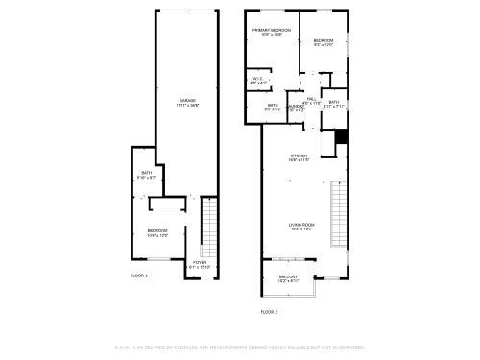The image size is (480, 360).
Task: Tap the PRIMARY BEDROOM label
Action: coord(272,31)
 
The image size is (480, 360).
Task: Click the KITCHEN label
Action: coord(299,156)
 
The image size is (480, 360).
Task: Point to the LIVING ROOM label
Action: coord(302,226)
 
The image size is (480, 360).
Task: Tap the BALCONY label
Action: coord(288,277)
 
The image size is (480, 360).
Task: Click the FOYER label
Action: coord(200,262)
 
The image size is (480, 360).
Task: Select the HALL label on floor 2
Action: coord(312,99)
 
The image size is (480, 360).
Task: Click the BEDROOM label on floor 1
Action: coord(157,231)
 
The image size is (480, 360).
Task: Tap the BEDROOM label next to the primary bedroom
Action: coord(324,41)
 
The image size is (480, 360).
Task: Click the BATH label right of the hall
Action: coord(333,102)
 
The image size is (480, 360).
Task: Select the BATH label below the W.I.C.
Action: coord(273,106)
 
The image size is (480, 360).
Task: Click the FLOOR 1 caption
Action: coord(139,276)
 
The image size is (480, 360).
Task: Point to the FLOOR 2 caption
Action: coord(269,312)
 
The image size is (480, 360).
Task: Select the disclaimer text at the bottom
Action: coord(240,347)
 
